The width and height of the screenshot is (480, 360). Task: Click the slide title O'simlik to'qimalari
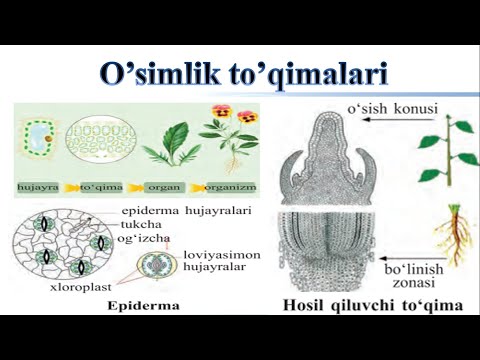(x=239, y=74)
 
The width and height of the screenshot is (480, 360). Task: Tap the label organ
(x=161, y=187)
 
